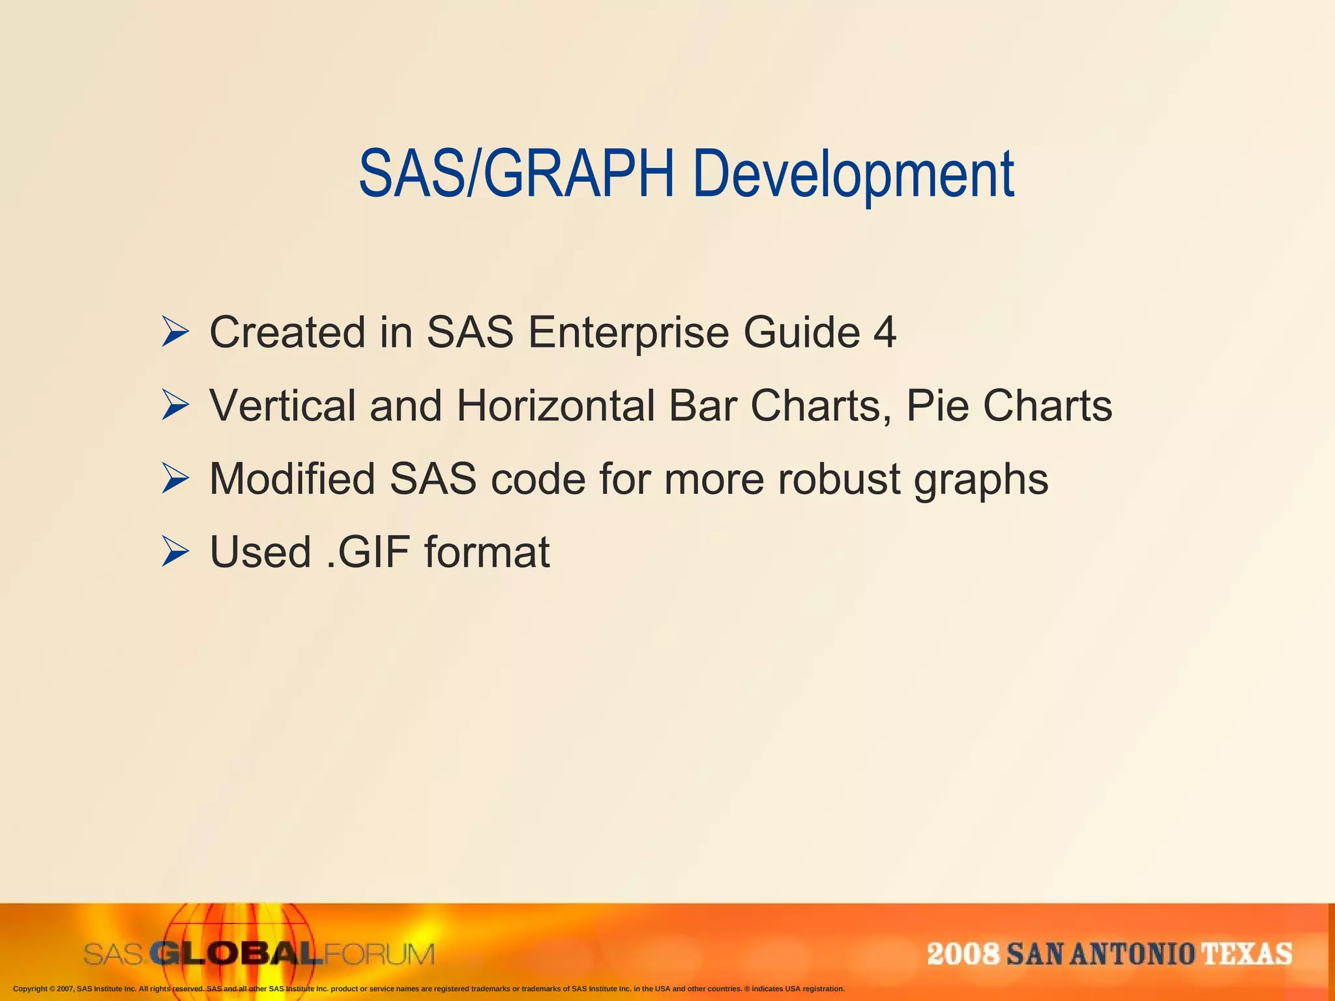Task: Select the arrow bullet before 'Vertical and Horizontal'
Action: pyautogui.click(x=175, y=405)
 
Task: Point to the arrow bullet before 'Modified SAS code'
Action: pyautogui.click(x=175, y=478)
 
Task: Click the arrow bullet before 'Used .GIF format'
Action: pyautogui.click(x=175, y=552)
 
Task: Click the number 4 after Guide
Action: pyautogui.click(x=885, y=332)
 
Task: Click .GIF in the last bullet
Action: pyautogui.click(x=368, y=552)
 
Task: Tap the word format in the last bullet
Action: pyautogui.click(x=487, y=552)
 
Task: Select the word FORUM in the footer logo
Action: pyautogui.click(x=379, y=955)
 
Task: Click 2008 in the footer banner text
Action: pyautogui.click(x=963, y=954)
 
